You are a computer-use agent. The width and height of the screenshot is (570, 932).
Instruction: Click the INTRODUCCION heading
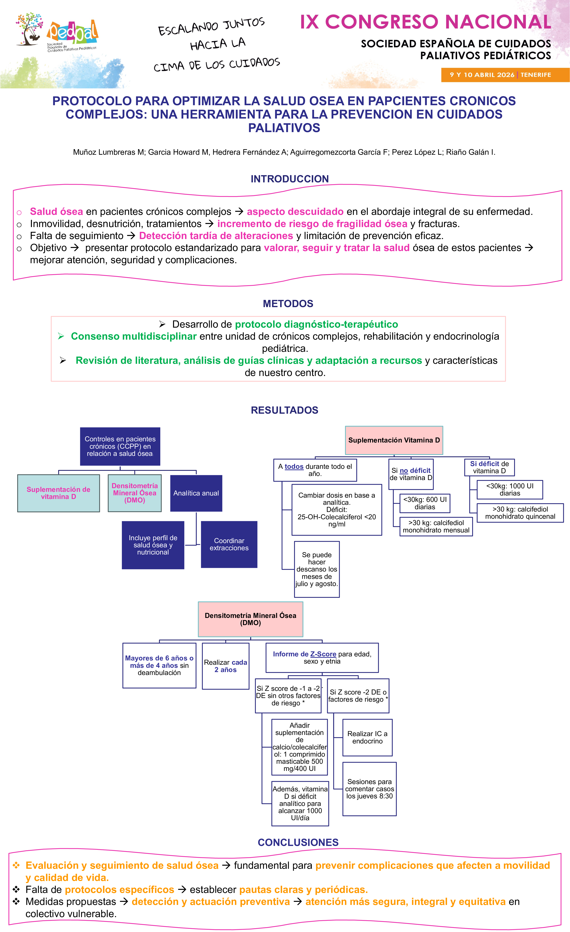coord(290,179)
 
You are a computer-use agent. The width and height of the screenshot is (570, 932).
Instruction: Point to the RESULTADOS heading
coord(284,410)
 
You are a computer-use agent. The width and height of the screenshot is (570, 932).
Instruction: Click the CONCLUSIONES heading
coord(298,842)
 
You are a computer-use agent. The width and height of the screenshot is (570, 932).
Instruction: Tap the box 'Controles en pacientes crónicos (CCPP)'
coord(120,446)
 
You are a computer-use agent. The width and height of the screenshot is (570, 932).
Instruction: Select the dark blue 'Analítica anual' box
coord(196,493)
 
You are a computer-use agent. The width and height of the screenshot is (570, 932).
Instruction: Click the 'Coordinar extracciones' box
coord(229,544)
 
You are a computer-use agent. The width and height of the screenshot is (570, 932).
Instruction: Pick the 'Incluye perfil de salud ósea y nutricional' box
coord(153,545)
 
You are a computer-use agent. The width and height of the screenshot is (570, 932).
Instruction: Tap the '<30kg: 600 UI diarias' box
coord(425,503)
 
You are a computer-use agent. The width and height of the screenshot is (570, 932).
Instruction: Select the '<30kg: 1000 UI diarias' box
coord(509,489)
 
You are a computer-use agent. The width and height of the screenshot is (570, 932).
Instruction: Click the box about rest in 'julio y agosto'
coord(317,569)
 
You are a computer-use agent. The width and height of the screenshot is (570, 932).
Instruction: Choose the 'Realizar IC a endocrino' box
coord(367,738)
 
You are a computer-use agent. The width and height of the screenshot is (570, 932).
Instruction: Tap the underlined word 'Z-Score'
coord(323,654)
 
